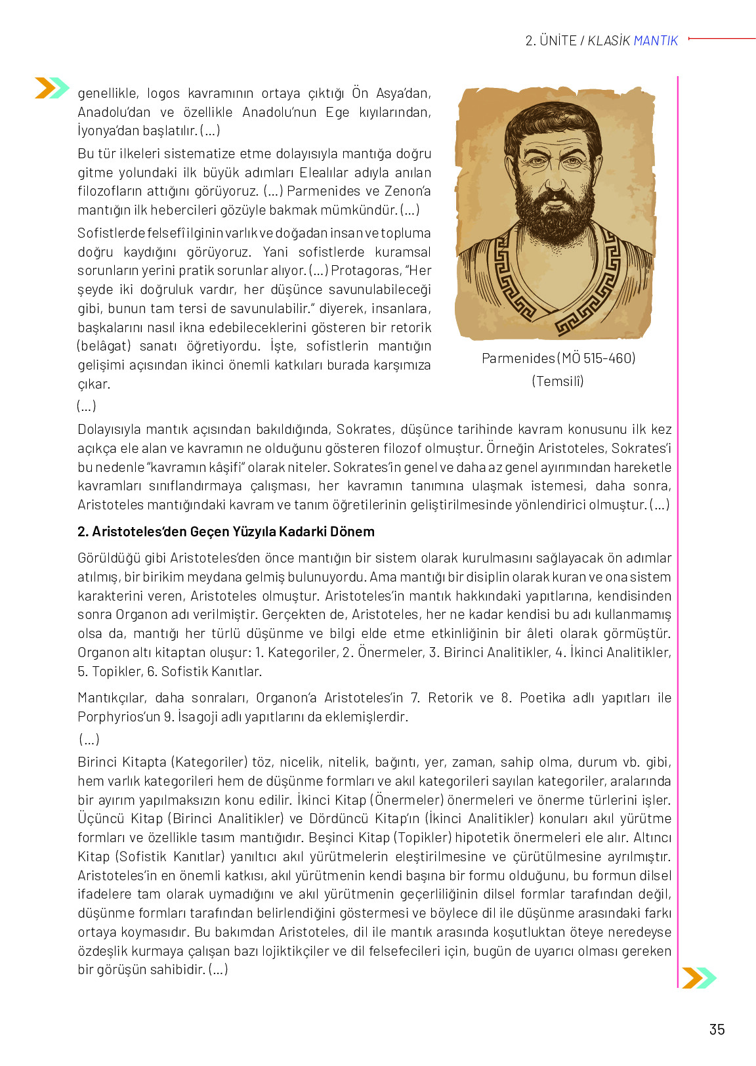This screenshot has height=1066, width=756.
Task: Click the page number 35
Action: pos(717,1029)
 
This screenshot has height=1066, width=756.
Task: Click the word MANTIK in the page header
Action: pos(656,41)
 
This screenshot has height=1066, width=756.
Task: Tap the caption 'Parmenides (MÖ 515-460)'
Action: pos(558,358)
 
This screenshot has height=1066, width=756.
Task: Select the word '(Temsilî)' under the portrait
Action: pos(558,381)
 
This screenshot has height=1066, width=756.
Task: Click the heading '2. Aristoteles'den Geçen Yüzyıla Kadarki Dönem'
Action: pos(226,532)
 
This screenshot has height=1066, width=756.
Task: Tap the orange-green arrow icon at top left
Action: pos(52,87)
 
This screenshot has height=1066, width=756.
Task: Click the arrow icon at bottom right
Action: pos(699,977)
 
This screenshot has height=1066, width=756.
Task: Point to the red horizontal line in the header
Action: pos(722,39)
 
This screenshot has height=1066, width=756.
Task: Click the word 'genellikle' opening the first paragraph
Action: pos(108,93)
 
